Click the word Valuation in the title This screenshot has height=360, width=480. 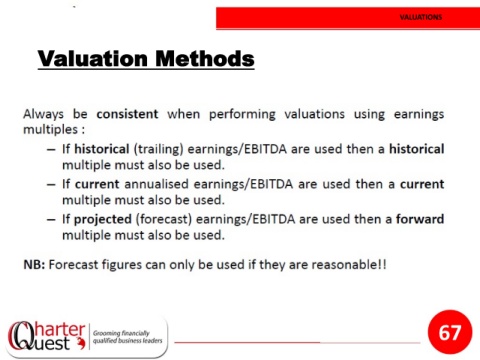tap(93, 58)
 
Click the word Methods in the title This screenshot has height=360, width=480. tap(205, 58)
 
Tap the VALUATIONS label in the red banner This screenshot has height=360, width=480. tap(421, 17)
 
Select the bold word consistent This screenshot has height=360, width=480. tap(127, 114)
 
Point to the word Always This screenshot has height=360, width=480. tap(43, 114)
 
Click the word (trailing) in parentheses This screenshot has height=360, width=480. tap(158, 149)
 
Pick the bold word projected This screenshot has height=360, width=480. tap(103, 219)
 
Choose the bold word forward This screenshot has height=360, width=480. tap(420, 219)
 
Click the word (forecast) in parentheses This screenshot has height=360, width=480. tap(164, 219)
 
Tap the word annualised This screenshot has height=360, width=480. tap(156, 184)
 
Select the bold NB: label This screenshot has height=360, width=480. tap(34, 265)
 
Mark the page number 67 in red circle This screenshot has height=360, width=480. tap(450, 332)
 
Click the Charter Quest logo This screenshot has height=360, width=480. tap(47, 336)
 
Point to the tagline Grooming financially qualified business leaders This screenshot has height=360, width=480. tap(127, 337)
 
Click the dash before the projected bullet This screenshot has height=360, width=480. tap(51, 220)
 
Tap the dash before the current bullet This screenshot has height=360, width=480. tap(51, 185)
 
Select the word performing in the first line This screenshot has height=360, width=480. tap(242, 114)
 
